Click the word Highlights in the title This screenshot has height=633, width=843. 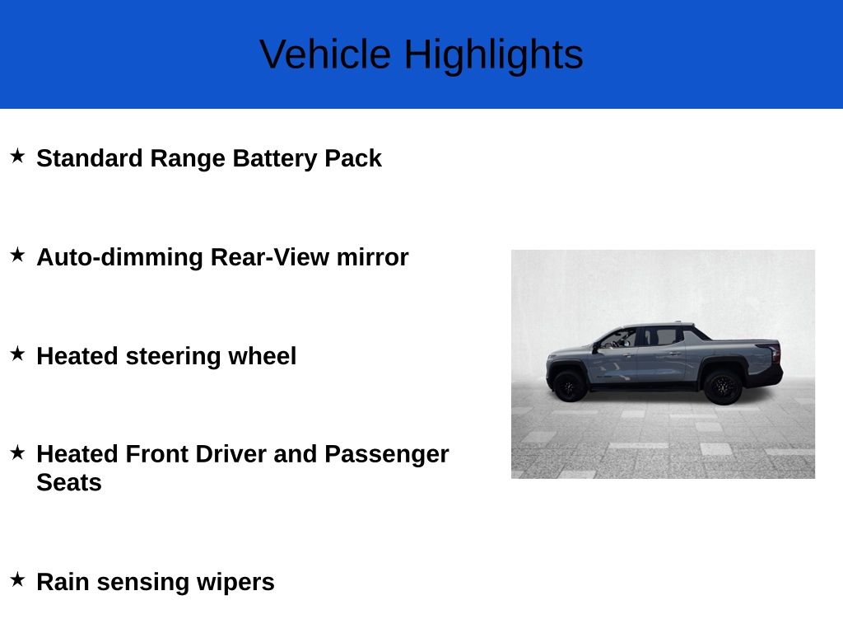pyautogui.click(x=493, y=54)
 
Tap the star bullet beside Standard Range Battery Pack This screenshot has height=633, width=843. pyautogui.click(x=17, y=156)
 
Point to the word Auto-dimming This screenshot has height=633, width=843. pyautogui.click(x=120, y=257)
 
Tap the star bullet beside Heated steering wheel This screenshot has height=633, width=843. pyautogui.click(x=17, y=354)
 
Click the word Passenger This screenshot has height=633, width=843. pyautogui.click(x=386, y=454)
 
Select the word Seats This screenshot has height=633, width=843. pyautogui.click(x=69, y=482)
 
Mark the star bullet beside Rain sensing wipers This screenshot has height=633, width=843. pyautogui.click(x=17, y=579)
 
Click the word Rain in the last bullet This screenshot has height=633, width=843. pyautogui.click(x=63, y=582)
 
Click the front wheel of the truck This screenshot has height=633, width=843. pyautogui.click(x=569, y=386)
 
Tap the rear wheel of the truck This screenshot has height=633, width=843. pyautogui.click(x=723, y=386)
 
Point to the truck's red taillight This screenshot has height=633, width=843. pyautogui.click(x=775, y=353)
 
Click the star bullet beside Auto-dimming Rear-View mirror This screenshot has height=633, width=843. pyautogui.click(x=17, y=255)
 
